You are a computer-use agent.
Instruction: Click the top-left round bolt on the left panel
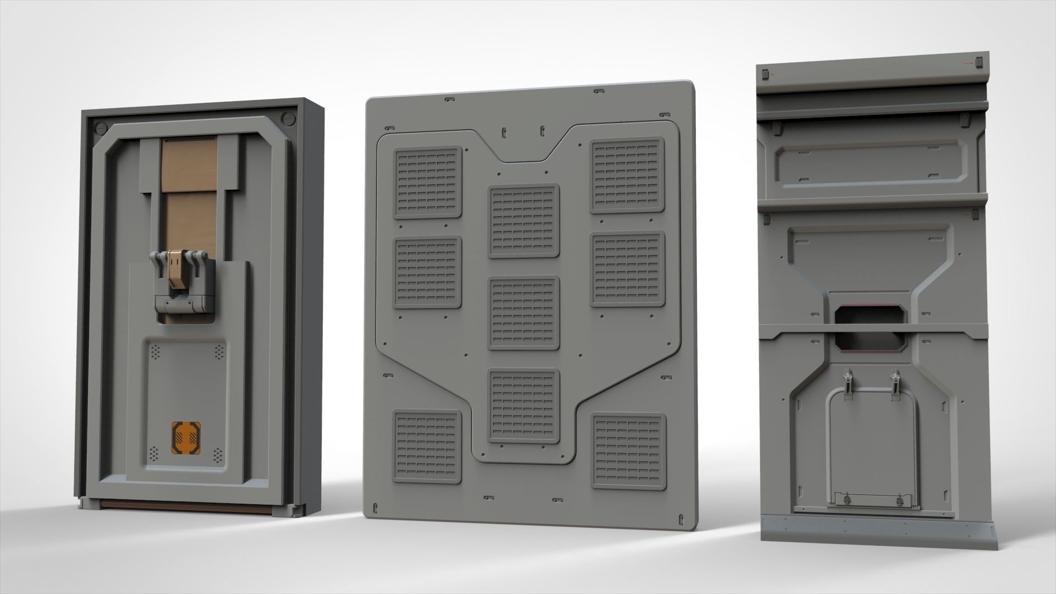pos(100,127)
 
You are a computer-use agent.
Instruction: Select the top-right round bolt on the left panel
pos(288,118)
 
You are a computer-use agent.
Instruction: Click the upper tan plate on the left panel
pos(190,162)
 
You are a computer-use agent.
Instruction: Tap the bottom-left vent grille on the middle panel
pos(427,447)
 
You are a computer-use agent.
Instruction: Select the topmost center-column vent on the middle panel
pos(524,221)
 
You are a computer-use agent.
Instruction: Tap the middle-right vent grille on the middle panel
pos(628,269)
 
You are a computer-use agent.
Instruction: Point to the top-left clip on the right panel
pos(765,74)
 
